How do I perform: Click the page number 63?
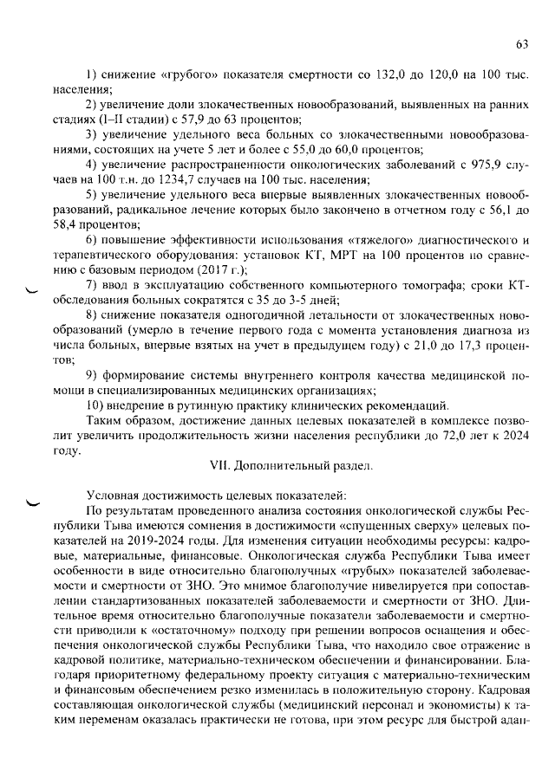[x=522, y=44]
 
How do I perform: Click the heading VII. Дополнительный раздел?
[x=292, y=466]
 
